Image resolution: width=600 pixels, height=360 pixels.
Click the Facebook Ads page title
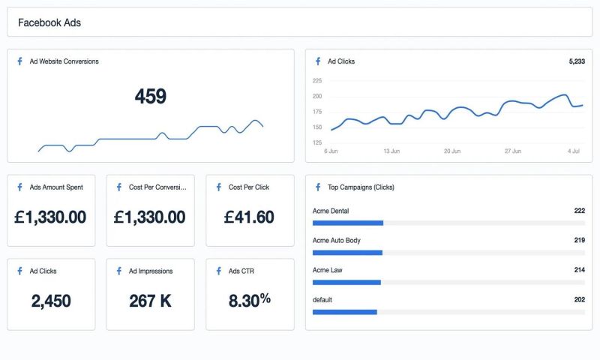(49, 22)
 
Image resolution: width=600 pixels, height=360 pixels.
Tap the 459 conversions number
(150, 96)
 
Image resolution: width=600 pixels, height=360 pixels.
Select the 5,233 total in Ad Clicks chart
(576, 61)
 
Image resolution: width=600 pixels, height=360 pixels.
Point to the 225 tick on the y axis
(316, 80)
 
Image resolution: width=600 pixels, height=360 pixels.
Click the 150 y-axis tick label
(316, 127)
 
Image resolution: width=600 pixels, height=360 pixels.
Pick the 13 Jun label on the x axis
(391, 151)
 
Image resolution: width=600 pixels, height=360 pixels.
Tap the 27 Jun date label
(513, 151)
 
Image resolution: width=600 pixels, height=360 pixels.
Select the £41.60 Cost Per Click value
(249, 217)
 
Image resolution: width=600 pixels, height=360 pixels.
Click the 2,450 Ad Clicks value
(51, 301)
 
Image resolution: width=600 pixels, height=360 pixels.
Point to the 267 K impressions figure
(150, 301)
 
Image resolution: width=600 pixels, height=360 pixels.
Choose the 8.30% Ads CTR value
(249, 301)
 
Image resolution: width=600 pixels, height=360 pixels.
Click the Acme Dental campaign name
(331, 211)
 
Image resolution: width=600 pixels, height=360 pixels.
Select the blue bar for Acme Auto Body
(347, 253)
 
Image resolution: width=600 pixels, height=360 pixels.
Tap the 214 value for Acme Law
(578, 269)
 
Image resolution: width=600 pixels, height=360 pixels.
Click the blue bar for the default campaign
(344, 312)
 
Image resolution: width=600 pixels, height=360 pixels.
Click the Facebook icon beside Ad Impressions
(118, 271)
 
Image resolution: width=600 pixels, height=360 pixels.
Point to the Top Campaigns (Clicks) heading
(361, 187)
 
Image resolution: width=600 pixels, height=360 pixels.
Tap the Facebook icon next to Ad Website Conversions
(19, 61)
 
